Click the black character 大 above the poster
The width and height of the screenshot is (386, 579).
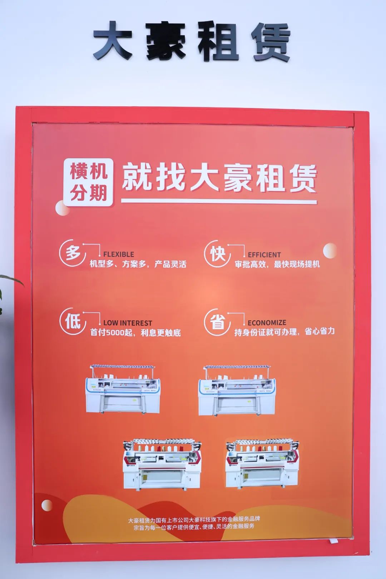[x=113, y=41]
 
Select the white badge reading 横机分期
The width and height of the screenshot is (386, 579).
[x=88, y=182]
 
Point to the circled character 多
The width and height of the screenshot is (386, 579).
[x=73, y=253]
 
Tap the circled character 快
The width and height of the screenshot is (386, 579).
[x=217, y=253]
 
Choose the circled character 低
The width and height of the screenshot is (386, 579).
[x=73, y=321]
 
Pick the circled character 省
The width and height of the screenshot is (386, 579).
[x=217, y=322]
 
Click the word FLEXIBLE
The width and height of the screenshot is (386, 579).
[x=119, y=254]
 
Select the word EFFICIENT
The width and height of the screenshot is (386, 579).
[x=264, y=255]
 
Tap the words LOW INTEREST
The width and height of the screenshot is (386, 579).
[x=128, y=323]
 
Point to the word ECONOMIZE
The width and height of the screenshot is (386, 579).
[x=267, y=323]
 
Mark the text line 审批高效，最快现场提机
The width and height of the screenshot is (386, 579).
[x=277, y=264]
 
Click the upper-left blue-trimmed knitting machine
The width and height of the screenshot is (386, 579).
[x=123, y=389]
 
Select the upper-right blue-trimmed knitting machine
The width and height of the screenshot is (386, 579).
[x=237, y=390]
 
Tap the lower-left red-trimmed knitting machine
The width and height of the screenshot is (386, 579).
[x=162, y=464]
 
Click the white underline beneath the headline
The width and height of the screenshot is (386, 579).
[x=219, y=201]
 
